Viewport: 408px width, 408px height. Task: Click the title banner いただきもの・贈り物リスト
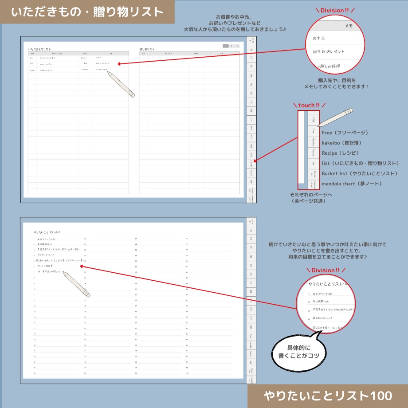click(x=87, y=12)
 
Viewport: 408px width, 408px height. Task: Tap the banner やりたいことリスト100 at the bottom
click(x=327, y=395)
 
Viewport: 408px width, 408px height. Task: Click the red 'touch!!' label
click(x=309, y=105)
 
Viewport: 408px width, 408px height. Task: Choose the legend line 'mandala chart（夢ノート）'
click(x=352, y=184)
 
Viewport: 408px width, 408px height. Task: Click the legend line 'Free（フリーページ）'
click(x=345, y=133)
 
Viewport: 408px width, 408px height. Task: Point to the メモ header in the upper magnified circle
click(x=349, y=26)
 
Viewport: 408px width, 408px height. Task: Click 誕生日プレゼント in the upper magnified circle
click(x=329, y=52)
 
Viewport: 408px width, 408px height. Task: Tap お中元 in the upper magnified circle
click(x=319, y=39)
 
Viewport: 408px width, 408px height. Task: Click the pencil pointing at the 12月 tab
click(x=335, y=117)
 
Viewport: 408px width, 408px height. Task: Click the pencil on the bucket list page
click(x=76, y=284)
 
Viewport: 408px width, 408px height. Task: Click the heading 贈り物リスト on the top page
click(x=147, y=49)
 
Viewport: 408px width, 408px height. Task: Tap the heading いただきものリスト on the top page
click(x=39, y=49)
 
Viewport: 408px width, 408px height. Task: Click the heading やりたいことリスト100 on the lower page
click(x=47, y=232)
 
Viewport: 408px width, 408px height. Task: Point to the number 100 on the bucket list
click(x=187, y=373)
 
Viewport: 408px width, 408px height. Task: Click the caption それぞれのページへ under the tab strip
click(x=311, y=195)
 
